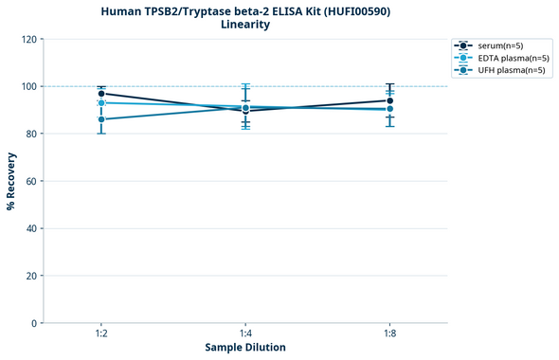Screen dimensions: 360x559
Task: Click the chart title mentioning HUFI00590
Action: pyautogui.click(x=245, y=10)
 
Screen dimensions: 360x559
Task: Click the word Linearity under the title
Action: pyautogui.click(x=245, y=25)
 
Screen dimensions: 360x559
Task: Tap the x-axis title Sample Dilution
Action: pyautogui.click(x=245, y=348)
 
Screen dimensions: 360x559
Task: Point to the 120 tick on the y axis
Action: pyautogui.click(x=28, y=39)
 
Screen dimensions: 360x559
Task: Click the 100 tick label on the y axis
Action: pyautogui.click(x=28, y=86)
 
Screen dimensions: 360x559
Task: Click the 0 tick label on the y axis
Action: pyautogui.click(x=34, y=323)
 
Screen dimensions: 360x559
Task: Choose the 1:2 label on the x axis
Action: pyautogui.click(x=101, y=333)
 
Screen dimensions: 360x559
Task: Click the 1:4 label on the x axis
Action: pyautogui.click(x=245, y=333)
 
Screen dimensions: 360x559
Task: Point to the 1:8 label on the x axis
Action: pyautogui.click(x=389, y=333)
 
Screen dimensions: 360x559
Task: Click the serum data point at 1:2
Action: pyautogui.click(x=101, y=94)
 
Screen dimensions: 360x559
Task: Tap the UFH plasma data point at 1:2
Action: pyautogui.click(x=101, y=119)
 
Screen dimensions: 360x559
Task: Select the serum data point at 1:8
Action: pyautogui.click(x=389, y=100)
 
